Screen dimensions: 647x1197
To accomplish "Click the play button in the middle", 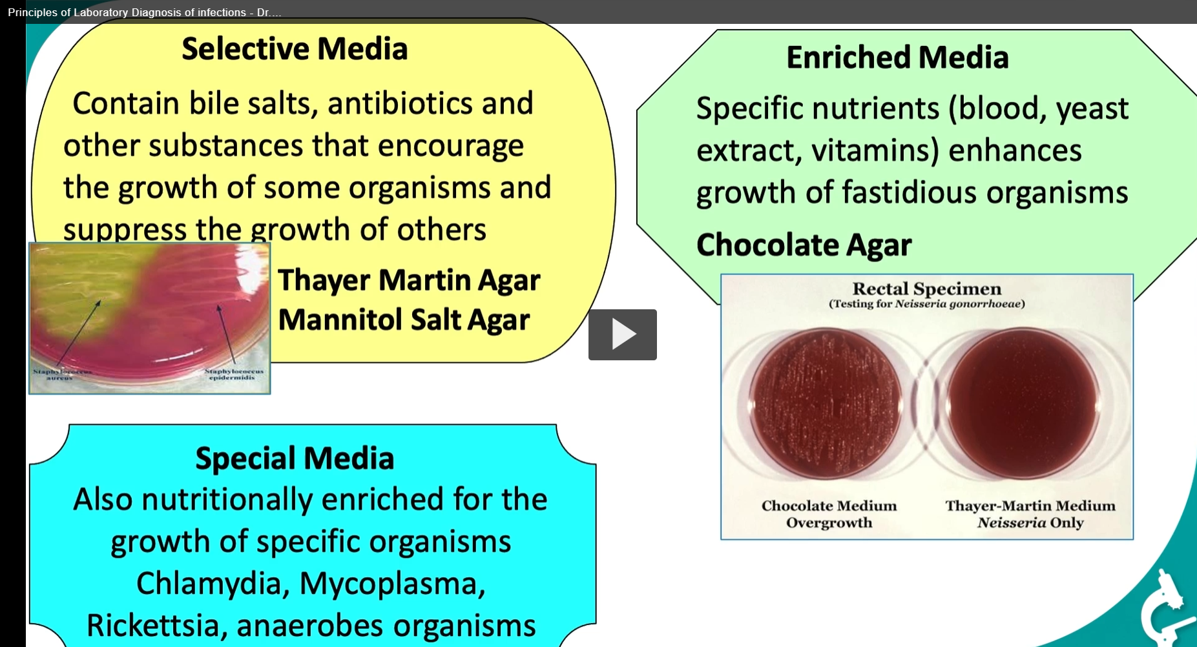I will [x=622, y=334].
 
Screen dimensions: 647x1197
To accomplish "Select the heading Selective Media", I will [x=295, y=49].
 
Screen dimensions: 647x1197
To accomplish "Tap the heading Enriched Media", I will [x=897, y=57].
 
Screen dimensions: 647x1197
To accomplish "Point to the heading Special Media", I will [x=295, y=458].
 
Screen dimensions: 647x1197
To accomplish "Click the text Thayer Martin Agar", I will [x=409, y=280].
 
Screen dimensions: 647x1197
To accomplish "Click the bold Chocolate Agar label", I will [x=804, y=245].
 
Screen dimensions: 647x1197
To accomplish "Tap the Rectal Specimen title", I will [x=926, y=289].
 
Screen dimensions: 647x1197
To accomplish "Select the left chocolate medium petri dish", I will [x=825, y=404].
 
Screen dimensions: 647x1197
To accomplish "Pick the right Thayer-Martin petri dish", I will [x=1023, y=404].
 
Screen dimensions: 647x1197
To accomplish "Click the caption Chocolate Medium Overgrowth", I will [x=829, y=514].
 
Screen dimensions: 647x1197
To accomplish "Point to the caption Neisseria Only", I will [x=1030, y=523].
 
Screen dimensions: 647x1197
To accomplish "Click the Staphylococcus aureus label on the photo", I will [x=62, y=375].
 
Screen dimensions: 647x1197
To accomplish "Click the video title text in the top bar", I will [x=144, y=12].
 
